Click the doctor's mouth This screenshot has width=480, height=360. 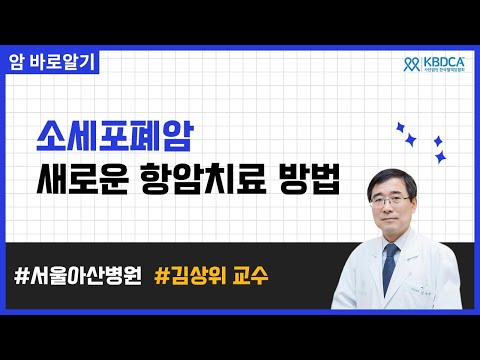[394, 223]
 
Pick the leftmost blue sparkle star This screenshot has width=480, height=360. [402, 127]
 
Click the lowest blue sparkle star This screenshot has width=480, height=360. [439, 158]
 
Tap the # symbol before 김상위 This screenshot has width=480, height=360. [163, 272]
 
